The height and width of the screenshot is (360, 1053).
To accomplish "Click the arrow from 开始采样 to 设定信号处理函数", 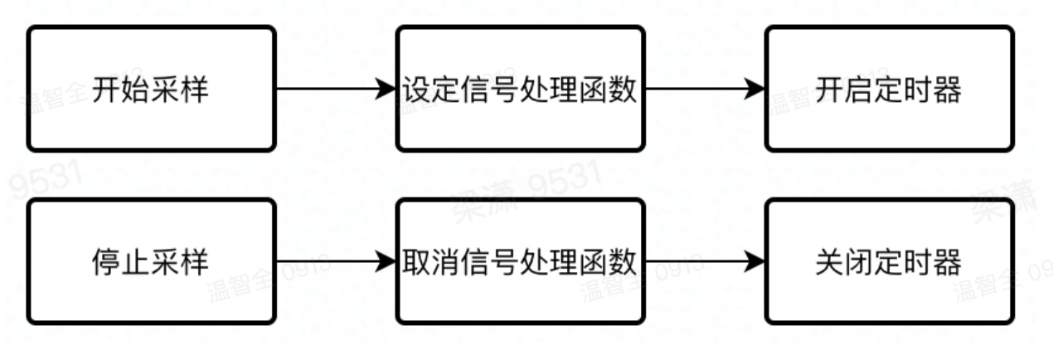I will click(332, 89).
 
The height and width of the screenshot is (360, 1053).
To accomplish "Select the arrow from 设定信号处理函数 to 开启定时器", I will click(701, 89).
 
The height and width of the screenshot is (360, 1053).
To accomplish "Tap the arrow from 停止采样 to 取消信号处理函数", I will click(332, 261).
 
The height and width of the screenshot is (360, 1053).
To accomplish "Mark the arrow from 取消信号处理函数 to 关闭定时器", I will click(701, 261).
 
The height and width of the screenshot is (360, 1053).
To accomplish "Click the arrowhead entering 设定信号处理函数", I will click(386, 89).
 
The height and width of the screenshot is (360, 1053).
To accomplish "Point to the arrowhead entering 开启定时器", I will click(755, 89).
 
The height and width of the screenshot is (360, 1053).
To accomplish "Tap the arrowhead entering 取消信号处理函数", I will click(386, 261).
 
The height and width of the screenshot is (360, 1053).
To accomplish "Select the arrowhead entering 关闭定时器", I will click(755, 261).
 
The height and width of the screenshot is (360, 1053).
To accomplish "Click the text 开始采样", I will click(150, 90).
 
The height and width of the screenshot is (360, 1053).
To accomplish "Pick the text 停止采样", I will click(150, 262).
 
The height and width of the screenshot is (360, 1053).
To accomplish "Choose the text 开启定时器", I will click(889, 90).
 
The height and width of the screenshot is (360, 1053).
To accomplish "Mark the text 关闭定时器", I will click(889, 262).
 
